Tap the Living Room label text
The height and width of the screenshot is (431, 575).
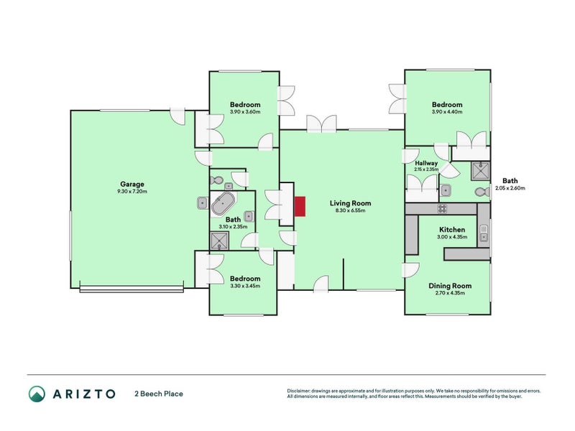tap(349, 203)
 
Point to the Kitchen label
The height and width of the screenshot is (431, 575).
tap(452, 230)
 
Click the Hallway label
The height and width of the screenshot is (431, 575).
tap(426, 163)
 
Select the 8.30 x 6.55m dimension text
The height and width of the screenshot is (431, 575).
tap(349, 210)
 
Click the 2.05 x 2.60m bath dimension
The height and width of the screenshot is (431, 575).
tap(510, 188)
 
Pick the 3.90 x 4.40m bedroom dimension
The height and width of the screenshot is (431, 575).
tap(447, 112)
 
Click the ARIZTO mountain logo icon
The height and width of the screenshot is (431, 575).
tap(37, 393)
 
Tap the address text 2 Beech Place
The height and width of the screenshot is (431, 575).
tap(158, 394)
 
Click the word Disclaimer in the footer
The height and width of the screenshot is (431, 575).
tap(300, 391)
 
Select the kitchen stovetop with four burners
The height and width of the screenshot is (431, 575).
tap(442, 209)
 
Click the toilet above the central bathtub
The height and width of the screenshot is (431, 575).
tap(216, 180)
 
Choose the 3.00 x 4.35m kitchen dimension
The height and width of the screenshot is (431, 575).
tap(452, 237)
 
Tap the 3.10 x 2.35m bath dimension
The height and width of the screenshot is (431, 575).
tap(233, 227)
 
